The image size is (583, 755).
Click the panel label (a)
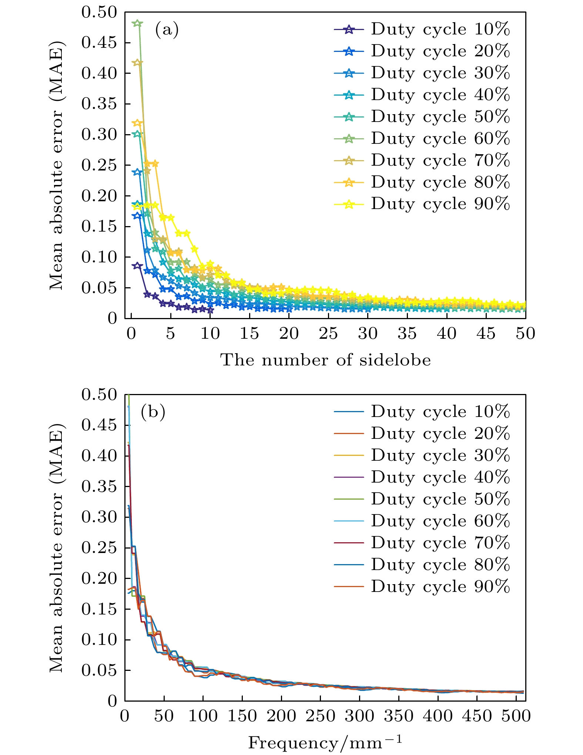(x=167, y=30)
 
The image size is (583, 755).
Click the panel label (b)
(x=153, y=412)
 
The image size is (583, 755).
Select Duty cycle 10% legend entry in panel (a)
(x=422, y=29)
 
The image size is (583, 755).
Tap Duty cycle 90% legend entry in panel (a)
(x=422, y=204)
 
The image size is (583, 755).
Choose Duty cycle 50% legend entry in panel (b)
(x=422, y=499)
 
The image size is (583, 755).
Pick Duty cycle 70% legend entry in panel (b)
(x=422, y=543)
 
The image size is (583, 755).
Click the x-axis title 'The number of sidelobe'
(x=326, y=360)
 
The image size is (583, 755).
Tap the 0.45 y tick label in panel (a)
(x=99, y=43)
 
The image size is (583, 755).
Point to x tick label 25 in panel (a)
(x=328, y=334)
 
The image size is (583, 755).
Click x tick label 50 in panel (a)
(x=525, y=334)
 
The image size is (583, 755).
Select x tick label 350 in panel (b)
(x=398, y=716)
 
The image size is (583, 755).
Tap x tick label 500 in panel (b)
(x=516, y=716)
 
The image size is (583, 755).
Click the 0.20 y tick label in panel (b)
(x=99, y=578)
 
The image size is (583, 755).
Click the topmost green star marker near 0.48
(x=137, y=23)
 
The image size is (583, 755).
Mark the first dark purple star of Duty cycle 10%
(x=137, y=265)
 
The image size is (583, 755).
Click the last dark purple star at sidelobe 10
(x=210, y=310)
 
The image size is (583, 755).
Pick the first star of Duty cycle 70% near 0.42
(x=137, y=63)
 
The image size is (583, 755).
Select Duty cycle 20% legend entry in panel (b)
(x=422, y=434)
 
